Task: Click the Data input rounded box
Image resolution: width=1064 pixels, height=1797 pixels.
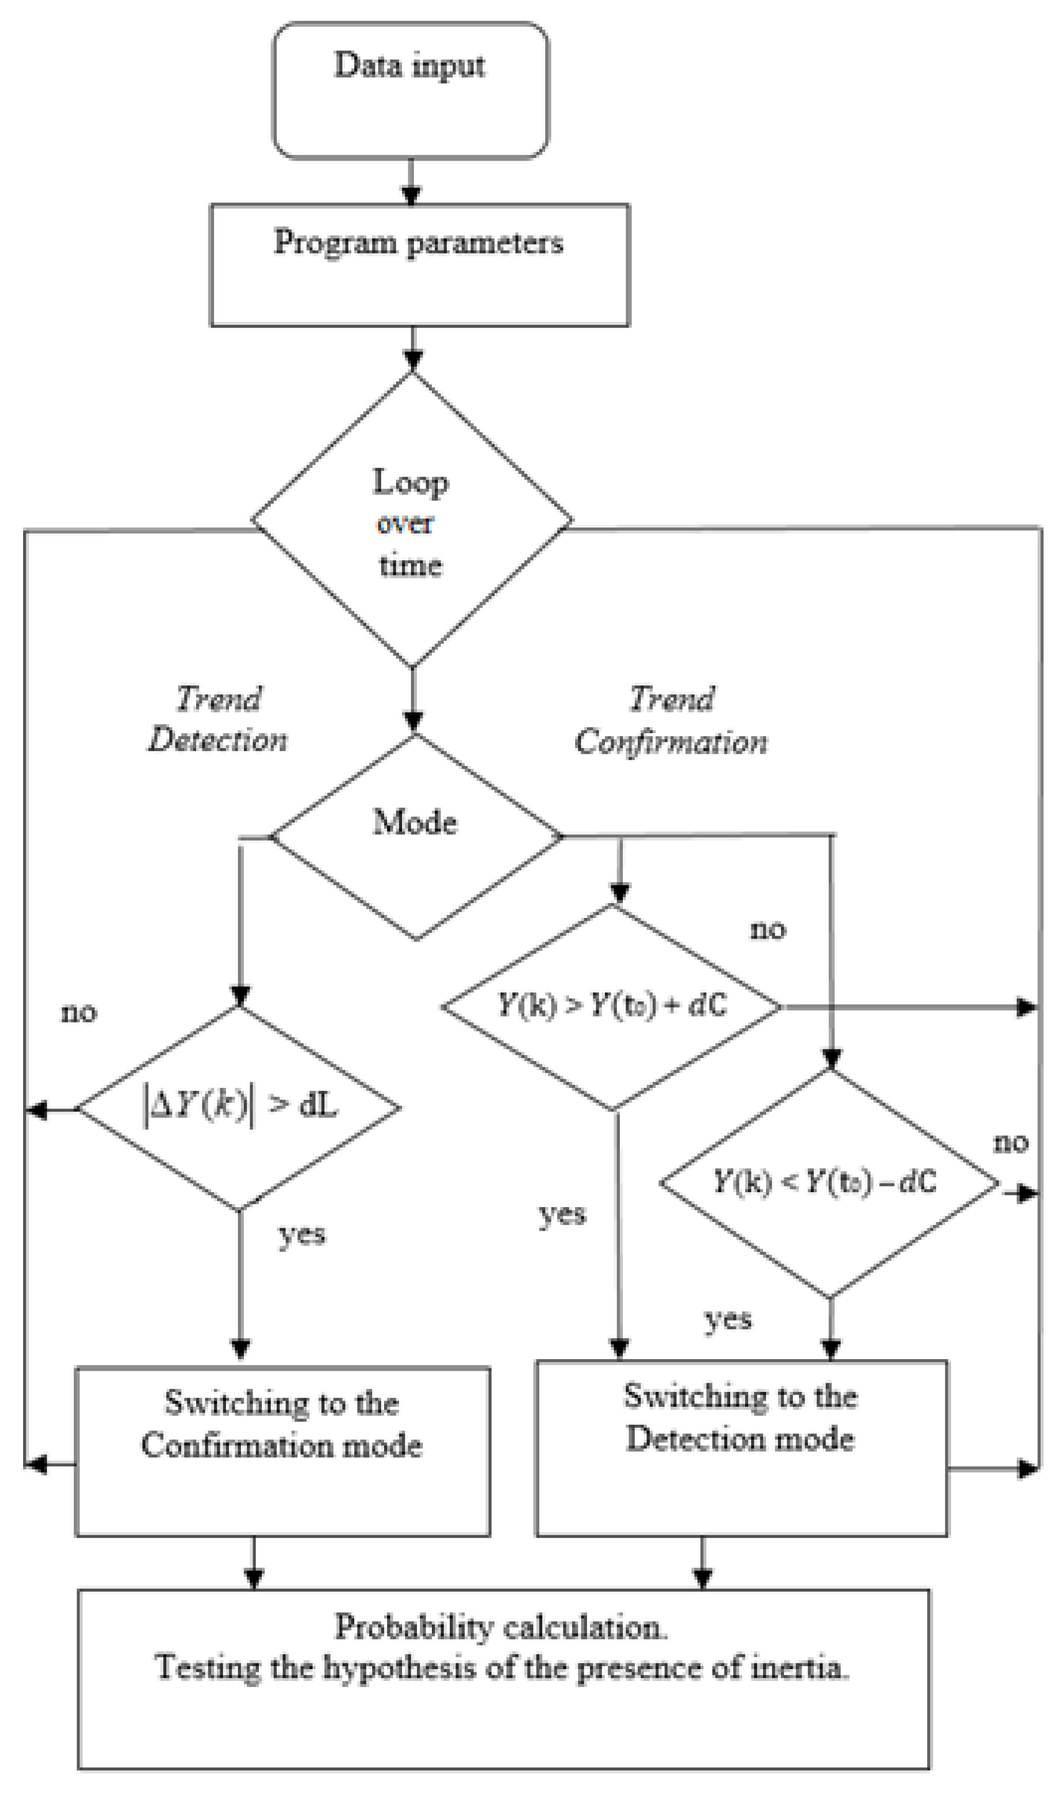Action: tap(410, 90)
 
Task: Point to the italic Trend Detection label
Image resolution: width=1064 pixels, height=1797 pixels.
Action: tap(218, 719)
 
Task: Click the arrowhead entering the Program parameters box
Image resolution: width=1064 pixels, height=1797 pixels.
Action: tap(411, 196)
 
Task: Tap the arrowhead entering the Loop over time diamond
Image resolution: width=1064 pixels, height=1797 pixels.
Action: tap(413, 360)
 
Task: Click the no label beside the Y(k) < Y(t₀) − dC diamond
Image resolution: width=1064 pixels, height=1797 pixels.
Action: tap(1010, 1142)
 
